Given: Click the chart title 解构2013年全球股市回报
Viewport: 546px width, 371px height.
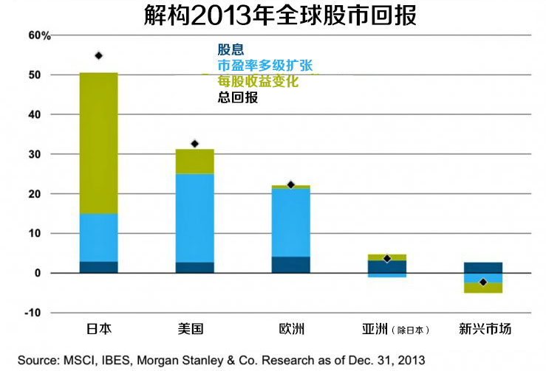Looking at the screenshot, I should tap(273, 15).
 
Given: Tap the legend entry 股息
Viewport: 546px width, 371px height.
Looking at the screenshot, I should tap(231, 49).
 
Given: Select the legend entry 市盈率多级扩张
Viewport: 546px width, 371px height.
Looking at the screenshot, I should tap(265, 65).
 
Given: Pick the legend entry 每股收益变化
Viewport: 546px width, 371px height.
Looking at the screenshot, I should tap(258, 81).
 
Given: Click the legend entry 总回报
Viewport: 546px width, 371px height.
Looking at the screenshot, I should tap(238, 97).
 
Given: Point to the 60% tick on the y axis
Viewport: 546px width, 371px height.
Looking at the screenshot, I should tap(39, 35).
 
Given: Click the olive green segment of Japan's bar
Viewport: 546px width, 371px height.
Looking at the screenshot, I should tap(98, 144).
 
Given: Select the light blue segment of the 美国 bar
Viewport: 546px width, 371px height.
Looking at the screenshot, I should tap(195, 218).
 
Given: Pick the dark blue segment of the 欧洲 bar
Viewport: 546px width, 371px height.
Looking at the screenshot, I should tap(290, 265).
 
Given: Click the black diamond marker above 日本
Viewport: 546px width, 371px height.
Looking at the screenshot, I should tap(98, 55).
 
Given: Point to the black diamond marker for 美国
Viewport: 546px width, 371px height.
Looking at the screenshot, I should tap(195, 144).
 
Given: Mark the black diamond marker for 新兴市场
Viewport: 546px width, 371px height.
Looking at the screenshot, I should tap(482, 282).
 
